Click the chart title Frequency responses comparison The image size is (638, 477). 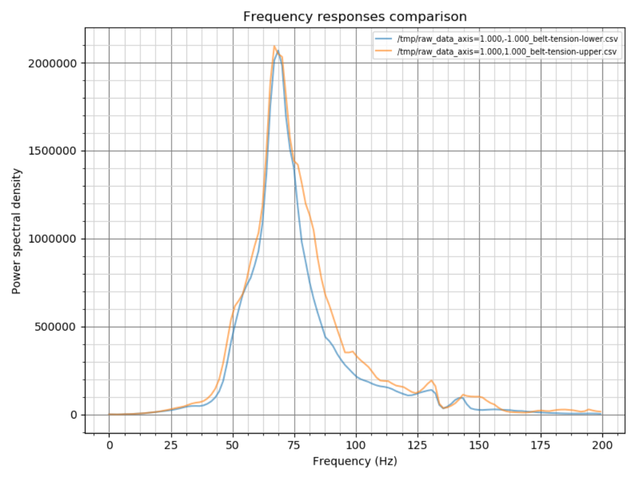click(x=355, y=17)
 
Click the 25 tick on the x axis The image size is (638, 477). click(x=171, y=445)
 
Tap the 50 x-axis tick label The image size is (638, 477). click(x=233, y=445)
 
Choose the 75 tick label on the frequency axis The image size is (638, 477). click(x=294, y=445)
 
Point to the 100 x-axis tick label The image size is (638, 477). click(x=356, y=445)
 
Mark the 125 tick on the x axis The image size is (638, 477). click(x=418, y=445)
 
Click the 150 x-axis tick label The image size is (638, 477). click(x=479, y=445)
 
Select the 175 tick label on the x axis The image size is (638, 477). click(x=541, y=445)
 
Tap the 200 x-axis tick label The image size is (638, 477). click(x=602, y=445)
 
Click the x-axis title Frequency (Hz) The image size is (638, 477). click(x=355, y=461)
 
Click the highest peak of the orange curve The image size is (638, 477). click(x=274, y=46)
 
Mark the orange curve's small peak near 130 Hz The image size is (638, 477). click(x=432, y=380)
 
